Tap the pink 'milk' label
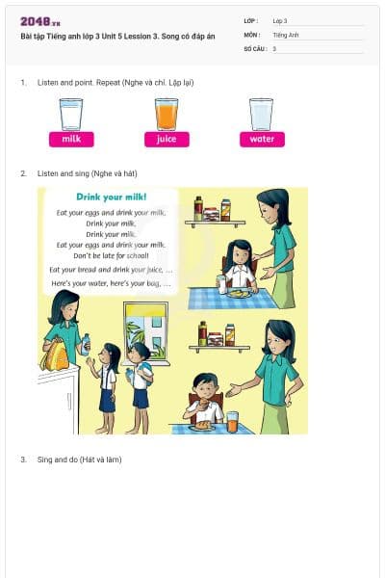tap(71, 139)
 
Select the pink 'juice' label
tap(167, 139)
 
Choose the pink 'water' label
tap(262, 139)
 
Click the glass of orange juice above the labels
tap(167, 114)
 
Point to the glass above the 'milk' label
tap(71, 114)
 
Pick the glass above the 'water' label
tap(261, 114)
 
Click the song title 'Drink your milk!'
tap(111, 197)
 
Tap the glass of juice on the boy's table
tap(232, 421)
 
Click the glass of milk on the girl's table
tap(221, 283)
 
